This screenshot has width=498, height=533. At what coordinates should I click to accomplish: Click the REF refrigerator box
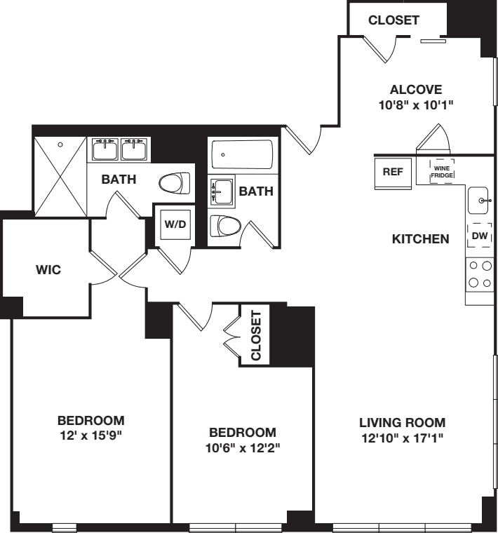392,173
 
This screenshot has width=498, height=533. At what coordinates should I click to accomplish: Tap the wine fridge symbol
441,171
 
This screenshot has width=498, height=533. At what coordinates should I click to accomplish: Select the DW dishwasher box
480,237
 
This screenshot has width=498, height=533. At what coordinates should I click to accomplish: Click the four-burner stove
480,275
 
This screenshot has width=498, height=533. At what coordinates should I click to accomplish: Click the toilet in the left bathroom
174,184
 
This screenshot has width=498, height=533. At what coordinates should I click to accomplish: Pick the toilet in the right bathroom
225,227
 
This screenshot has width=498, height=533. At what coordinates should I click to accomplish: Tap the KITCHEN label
420,240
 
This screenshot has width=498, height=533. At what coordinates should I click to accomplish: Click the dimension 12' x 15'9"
90,435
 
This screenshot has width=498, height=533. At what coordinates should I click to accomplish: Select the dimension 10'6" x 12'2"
241,447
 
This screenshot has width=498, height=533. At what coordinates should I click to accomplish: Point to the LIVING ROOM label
402,423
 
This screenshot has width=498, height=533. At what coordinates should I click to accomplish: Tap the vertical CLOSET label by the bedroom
255,336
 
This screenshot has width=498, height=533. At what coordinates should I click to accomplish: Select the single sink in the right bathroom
222,191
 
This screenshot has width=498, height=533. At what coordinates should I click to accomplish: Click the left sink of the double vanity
105,149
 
